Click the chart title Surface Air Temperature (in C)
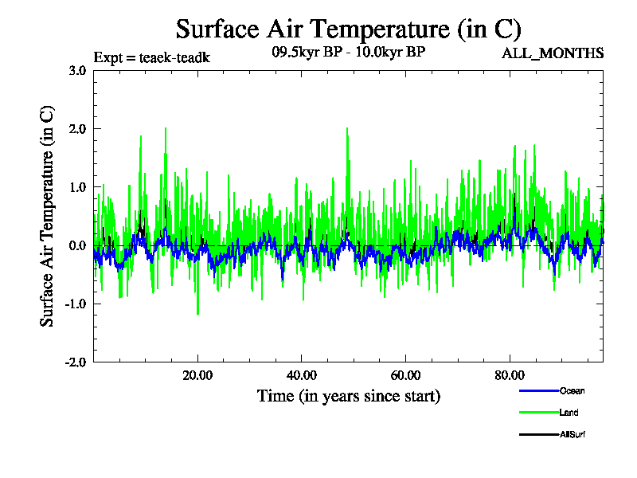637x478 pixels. pos(348,29)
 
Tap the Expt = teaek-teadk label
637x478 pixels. pos(151,57)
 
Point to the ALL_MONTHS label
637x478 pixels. pos(552,53)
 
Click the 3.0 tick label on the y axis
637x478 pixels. pos(77,70)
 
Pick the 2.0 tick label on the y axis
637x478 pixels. pos(77,128)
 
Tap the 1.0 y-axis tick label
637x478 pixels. pos(77,187)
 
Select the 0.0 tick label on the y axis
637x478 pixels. pos(77,245)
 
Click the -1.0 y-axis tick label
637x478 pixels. pos(76,304)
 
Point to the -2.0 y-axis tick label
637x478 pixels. pos(76,362)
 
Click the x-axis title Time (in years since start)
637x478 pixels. pos(349,395)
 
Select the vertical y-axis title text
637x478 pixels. pos(48,215)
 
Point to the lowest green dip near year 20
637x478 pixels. pos(197,313)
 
